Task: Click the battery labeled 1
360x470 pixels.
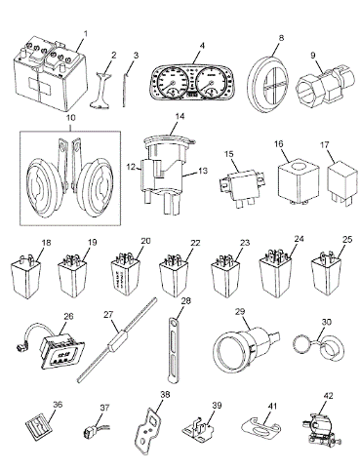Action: tap(51, 76)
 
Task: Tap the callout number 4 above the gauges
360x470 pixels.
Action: tap(202, 45)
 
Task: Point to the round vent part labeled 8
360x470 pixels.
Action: tap(268, 85)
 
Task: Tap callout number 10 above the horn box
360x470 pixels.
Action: tap(70, 118)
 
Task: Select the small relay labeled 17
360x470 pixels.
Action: tap(341, 182)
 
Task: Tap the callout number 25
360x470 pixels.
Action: tap(347, 240)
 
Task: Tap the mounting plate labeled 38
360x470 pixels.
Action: tap(149, 429)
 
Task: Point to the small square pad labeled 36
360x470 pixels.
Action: tap(39, 427)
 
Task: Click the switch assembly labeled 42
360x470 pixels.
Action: tap(320, 427)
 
